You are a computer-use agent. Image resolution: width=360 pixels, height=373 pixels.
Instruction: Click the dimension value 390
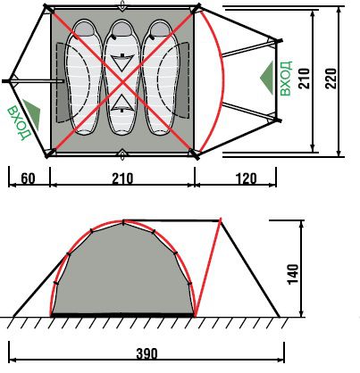[147, 354]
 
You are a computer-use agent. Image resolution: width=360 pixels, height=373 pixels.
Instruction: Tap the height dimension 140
[293, 274]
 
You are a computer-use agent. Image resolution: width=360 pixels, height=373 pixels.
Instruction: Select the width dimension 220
[331, 79]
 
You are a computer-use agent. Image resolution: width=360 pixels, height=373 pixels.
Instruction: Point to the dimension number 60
[28, 178]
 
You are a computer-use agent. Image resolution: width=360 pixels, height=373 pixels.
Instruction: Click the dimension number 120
[246, 178]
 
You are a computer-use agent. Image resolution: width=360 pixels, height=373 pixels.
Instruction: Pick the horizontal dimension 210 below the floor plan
[122, 178]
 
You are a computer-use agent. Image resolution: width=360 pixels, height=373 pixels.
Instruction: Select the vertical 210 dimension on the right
[304, 79]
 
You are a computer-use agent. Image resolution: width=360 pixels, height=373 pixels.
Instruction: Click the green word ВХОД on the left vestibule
[19, 122]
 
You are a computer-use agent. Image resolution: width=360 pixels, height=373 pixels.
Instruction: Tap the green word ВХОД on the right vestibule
[286, 79]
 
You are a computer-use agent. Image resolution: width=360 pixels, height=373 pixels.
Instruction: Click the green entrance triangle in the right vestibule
[268, 78]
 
